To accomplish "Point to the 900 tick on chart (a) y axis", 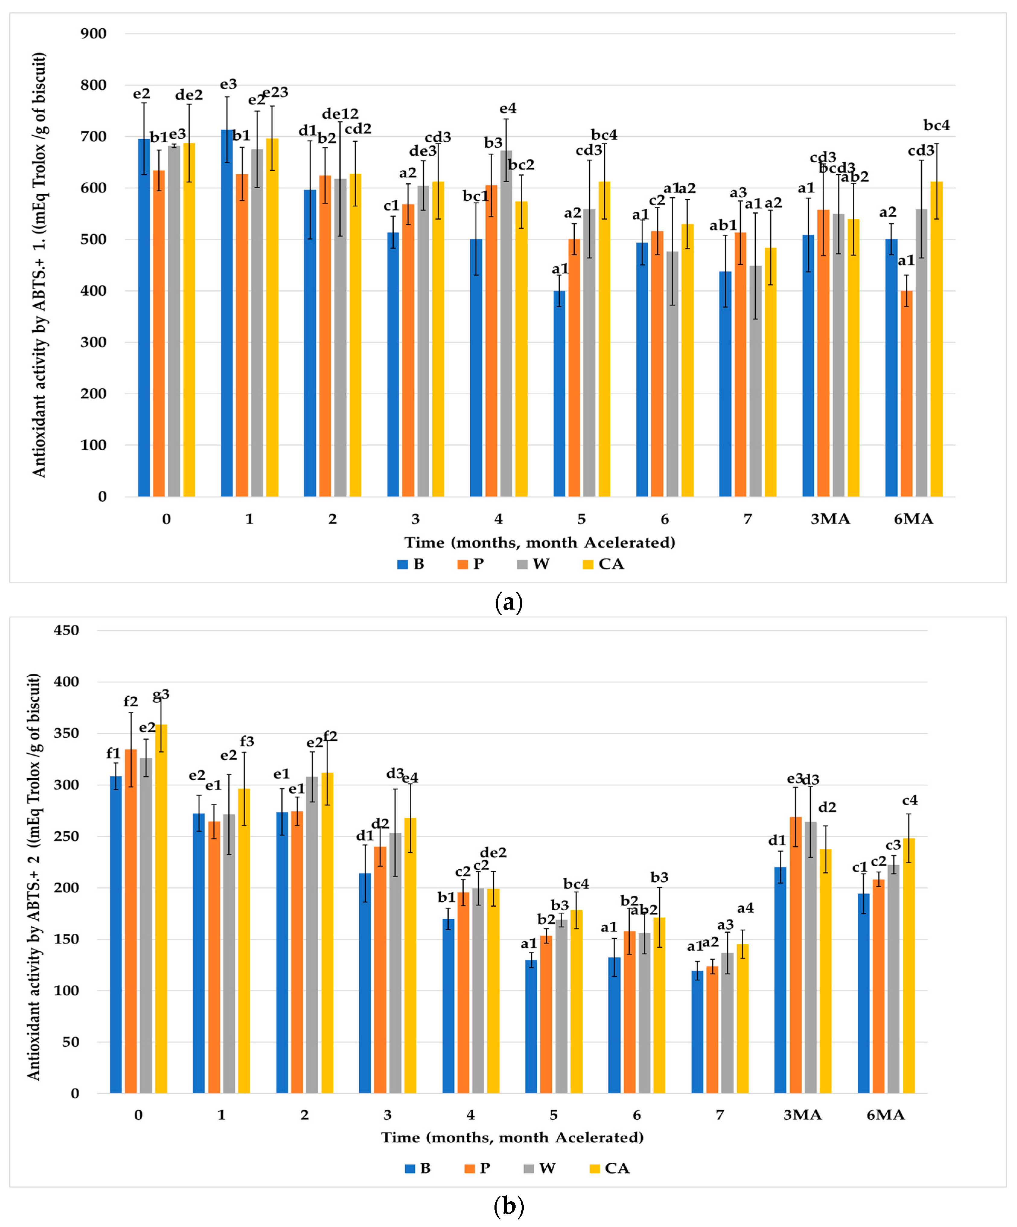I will (x=94, y=34).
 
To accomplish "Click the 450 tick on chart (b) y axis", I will (x=66, y=630).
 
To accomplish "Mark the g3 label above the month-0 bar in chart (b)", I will (x=161, y=695).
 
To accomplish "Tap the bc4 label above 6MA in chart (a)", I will (x=936, y=125).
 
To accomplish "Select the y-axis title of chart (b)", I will (x=34, y=877).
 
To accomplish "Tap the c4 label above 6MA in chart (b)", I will (x=910, y=801).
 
